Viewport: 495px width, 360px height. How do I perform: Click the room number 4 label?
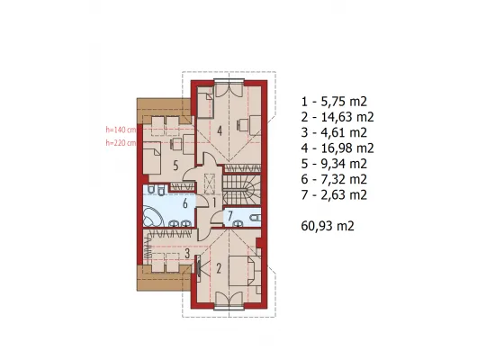click(x=220, y=130)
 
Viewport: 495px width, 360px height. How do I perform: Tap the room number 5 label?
click(x=175, y=166)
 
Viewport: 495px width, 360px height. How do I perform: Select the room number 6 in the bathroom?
click(x=185, y=203)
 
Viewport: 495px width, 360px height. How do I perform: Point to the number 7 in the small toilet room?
click(x=230, y=216)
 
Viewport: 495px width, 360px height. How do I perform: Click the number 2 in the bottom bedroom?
click(x=219, y=268)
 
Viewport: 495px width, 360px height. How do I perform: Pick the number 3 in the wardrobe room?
click(x=187, y=253)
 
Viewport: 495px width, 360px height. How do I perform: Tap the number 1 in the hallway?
click(x=214, y=202)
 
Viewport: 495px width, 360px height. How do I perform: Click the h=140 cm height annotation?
click(x=121, y=130)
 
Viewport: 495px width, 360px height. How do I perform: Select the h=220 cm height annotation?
click(x=121, y=143)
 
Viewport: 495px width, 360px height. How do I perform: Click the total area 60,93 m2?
click(x=328, y=226)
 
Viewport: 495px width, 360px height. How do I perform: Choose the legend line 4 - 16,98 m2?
click(x=337, y=148)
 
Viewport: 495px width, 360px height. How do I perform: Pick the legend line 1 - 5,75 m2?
click(x=334, y=102)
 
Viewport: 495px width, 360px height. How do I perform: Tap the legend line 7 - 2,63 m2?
click(x=334, y=194)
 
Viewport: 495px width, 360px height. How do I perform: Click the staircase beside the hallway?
click(x=242, y=191)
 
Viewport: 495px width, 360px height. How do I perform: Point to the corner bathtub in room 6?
click(x=153, y=216)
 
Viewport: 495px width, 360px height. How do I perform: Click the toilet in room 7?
click(x=255, y=217)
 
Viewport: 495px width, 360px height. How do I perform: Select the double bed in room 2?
click(x=245, y=271)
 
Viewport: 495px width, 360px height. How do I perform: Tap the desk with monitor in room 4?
click(x=249, y=125)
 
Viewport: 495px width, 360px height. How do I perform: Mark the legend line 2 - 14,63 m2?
click(x=337, y=117)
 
